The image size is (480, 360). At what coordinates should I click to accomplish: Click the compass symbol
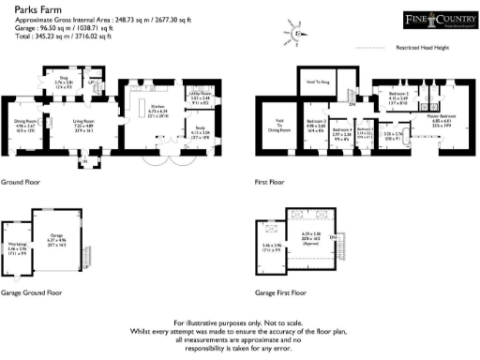(x=296, y=33)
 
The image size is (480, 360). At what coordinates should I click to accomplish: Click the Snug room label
(x=65, y=80)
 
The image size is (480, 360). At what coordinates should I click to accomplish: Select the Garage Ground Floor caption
(x=31, y=292)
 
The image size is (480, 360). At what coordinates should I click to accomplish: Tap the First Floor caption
(x=270, y=182)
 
